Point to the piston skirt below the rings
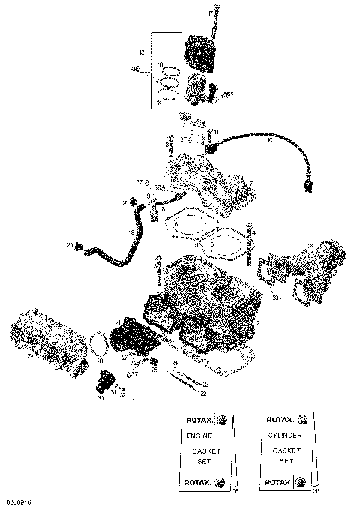click(197, 91)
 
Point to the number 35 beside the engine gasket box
click(236, 491)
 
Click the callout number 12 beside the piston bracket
click(140, 53)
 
